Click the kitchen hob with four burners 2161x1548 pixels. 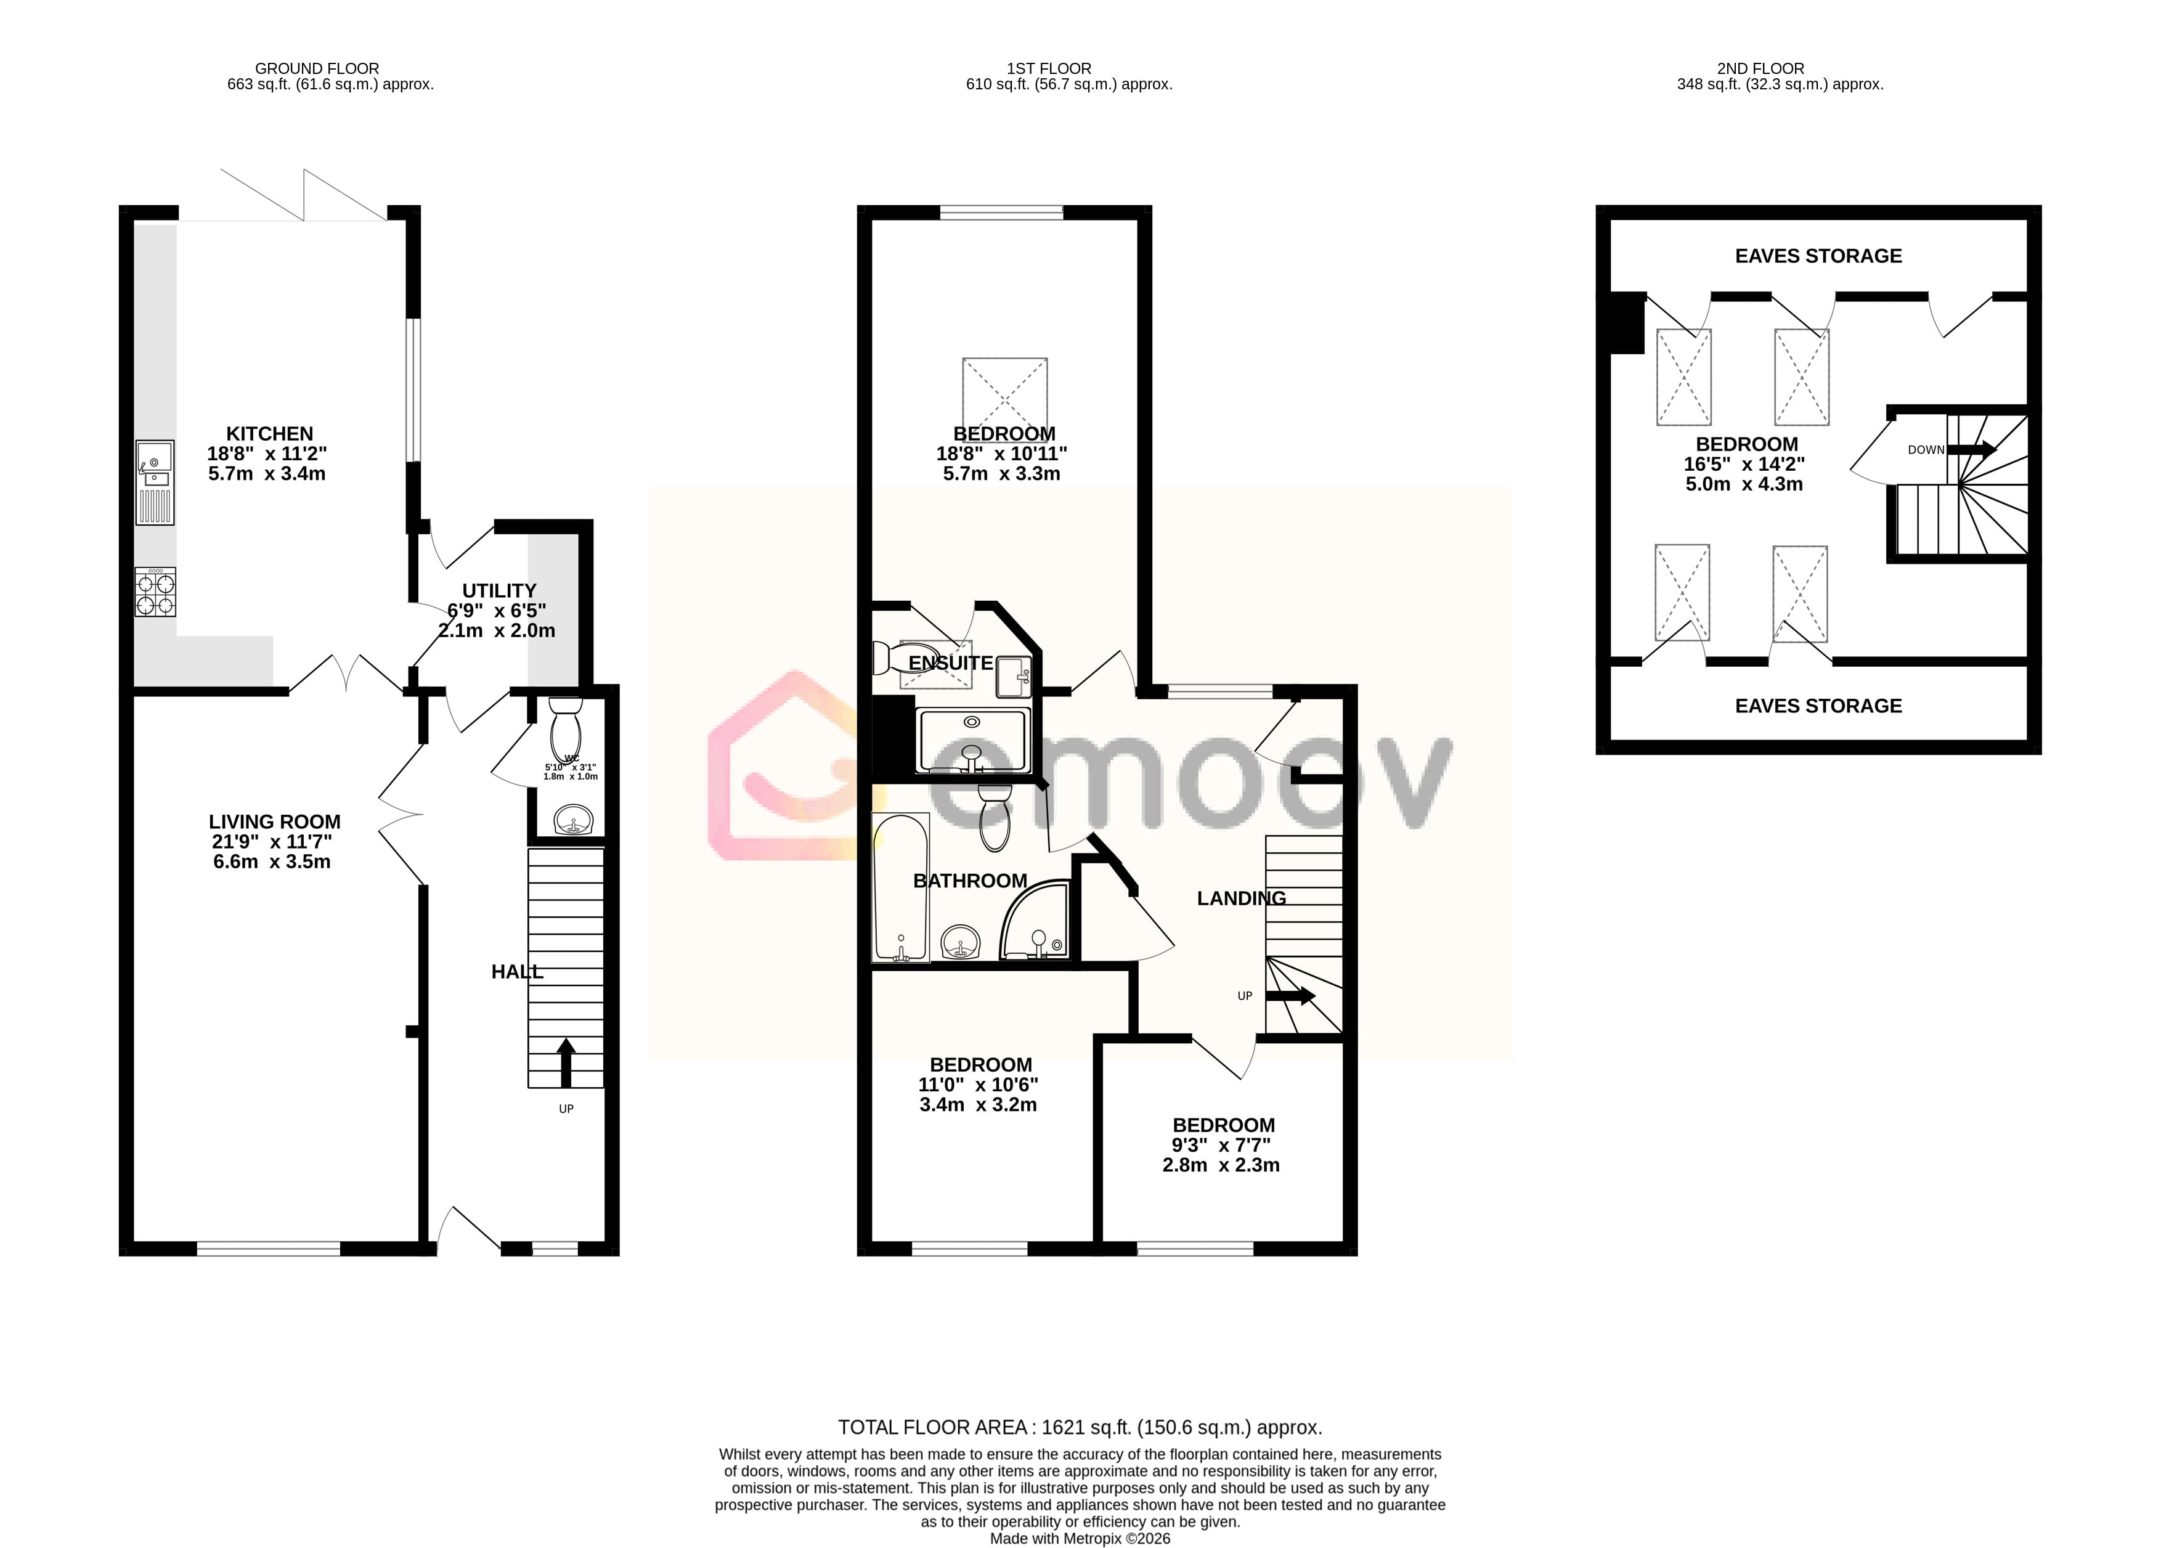click(x=154, y=592)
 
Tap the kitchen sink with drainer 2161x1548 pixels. click(x=154, y=482)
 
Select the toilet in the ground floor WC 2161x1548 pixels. click(x=566, y=728)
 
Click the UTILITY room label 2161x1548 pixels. click(x=499, y=590)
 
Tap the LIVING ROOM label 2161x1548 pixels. click(x=274, y=821)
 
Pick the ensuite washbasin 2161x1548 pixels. click(x=1014, y=677)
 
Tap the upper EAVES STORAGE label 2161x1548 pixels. click(x=1818, y=255)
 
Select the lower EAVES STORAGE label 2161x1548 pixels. click(x=1818, y=706)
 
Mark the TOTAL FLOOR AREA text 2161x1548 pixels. click(x=1080, y=1427)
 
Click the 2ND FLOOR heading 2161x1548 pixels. click(x=1760, y=68)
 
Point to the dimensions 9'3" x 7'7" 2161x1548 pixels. click(x=1221, y=1145)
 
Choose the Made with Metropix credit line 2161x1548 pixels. click(x=1080, y=1538)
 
